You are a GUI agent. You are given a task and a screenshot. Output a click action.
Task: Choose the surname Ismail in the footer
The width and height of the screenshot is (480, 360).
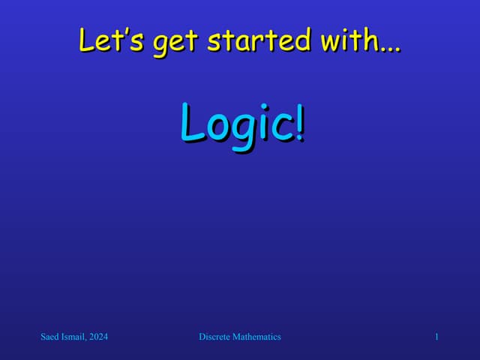[75, 337]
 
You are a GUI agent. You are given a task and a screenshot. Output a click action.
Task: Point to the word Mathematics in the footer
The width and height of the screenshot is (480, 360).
[256, 337]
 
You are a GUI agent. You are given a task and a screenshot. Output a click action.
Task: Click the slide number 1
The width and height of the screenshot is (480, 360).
[436, 337]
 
